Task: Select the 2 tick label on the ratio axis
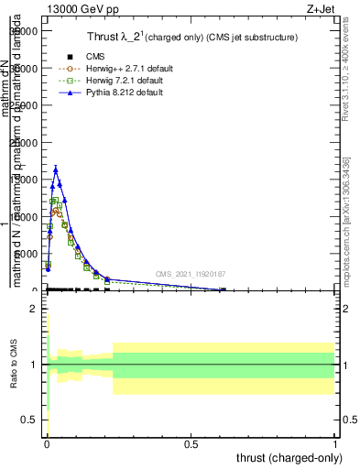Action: coord(33,309)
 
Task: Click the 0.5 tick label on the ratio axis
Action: coord(29,420)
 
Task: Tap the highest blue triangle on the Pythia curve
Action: coord(56,169)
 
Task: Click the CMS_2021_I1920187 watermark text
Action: coord(191,274)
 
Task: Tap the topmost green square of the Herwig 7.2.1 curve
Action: coord(55,201)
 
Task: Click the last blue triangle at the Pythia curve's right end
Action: coord(222,289)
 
